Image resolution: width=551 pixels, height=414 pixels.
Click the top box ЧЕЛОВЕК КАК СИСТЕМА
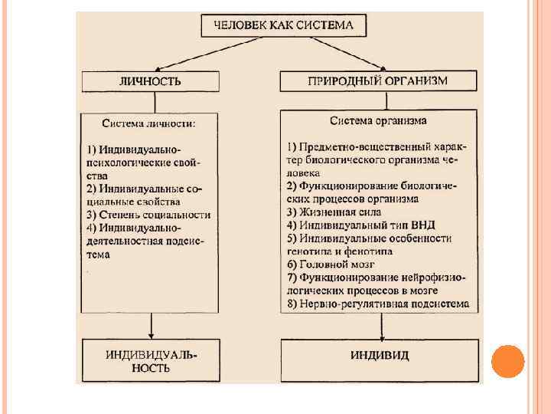coord(283,25)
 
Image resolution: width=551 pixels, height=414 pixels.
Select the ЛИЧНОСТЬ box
coord(150,81)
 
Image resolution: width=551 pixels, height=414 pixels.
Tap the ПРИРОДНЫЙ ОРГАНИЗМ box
coord(378,80)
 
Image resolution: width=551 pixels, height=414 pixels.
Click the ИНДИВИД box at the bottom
coord(380,355)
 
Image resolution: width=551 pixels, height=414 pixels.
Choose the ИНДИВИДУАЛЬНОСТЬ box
coord(150,361)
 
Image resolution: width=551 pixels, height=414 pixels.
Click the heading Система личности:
coord(149,123)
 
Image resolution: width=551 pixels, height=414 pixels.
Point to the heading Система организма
coord(378,120)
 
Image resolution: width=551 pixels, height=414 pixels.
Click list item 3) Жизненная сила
coord(334,212)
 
